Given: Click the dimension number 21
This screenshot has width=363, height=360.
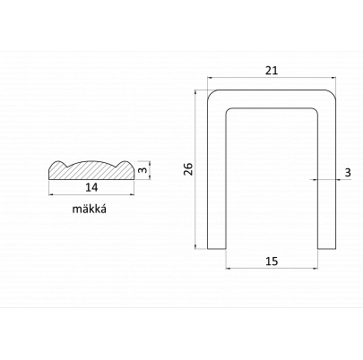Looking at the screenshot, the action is [x=272, y=71].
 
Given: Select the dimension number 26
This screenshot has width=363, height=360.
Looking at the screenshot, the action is [x=189, y=169].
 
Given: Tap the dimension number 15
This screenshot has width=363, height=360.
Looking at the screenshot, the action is [x=272, y=261].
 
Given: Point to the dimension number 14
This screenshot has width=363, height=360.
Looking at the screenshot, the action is [x=91, y=187].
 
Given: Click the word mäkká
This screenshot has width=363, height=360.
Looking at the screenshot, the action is [x=90, y=209].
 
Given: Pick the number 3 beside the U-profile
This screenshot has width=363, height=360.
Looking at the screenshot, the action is [x=348, y=173].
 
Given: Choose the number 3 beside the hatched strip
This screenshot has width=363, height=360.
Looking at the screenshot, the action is [x=143, y=170].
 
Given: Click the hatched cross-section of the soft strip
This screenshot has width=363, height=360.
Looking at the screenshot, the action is [x=91, y=170].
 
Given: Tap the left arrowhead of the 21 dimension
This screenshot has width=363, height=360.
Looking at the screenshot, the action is [x=210, y=78].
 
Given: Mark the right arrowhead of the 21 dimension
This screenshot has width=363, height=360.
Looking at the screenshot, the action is [x=333, y=78].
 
